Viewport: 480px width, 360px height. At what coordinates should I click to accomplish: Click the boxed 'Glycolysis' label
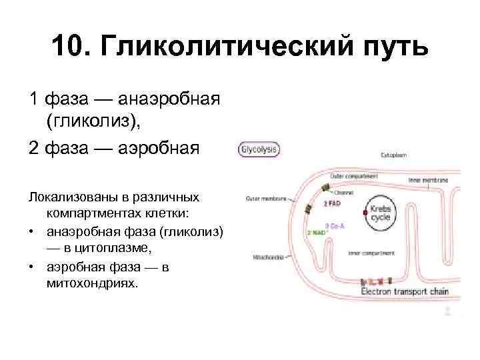pos(259,150)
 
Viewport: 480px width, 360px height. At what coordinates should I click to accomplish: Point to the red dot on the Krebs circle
pos(365,213)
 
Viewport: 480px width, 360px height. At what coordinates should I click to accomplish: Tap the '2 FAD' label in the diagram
pos(333,203)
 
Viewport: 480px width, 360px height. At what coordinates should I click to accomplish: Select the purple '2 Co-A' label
pos(335,225)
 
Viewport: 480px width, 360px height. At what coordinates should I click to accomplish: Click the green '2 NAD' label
pos(315,233)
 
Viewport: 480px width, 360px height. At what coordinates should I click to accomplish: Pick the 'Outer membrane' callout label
pos(266,198)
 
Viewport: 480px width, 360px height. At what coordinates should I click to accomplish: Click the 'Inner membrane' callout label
pos(433,180)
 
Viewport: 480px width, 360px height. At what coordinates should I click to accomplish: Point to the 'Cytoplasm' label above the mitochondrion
pos(395,155)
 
